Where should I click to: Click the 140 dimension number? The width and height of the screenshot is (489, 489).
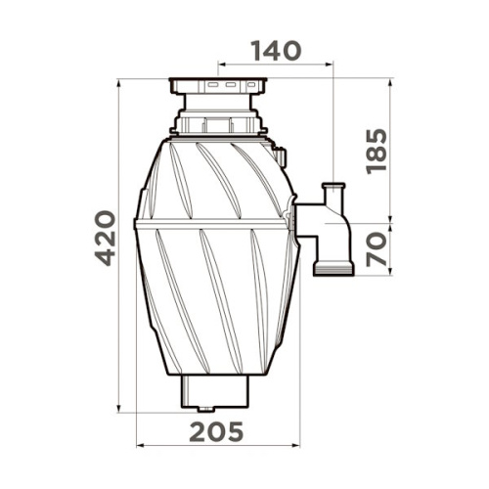pyautogui.click(x=276, y=51)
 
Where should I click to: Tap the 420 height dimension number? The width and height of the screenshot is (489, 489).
pyautogui.click(x=106, y=239)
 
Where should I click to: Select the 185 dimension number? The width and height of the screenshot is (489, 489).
pyautogui.click(x=377, y=152)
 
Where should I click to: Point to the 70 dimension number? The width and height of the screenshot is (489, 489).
pyautogui.click(x=377, y=249)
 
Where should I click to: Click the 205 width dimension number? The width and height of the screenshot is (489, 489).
pyautogui.click(x=216, y=431)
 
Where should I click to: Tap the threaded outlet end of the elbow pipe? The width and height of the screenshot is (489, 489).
pyautogui.click(x=333, y=268)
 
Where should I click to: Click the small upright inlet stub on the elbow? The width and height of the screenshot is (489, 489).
pyautogui.click(x=333, y=195)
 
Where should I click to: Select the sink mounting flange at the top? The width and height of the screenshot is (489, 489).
pyautogui.click(x=218, y=86)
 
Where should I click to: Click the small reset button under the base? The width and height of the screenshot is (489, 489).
pyautogui.click(x=205, y=409)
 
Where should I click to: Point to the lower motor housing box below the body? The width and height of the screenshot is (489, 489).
pyautogui.click(x=215, y=391)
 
